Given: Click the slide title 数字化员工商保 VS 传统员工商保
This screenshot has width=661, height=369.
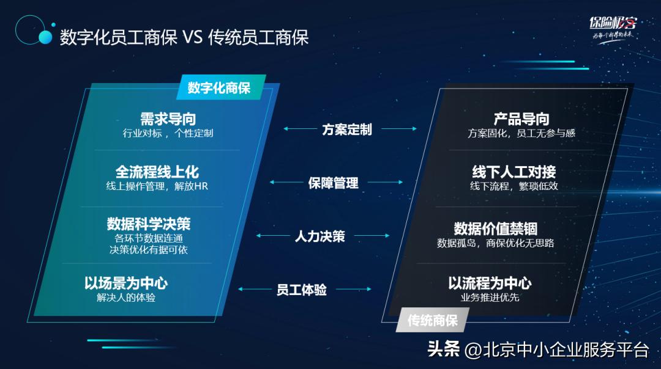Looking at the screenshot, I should tap(184, 37).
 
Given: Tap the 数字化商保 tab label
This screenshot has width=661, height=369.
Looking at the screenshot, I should tap(219, 88).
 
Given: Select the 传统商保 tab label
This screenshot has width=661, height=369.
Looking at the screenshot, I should tap(433, 320).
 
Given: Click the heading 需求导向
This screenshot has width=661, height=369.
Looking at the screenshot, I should tap(168, 119).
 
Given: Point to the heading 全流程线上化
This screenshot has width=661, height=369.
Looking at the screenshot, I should tap(157, 172).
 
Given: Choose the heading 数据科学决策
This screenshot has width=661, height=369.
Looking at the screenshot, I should tap(149, 224).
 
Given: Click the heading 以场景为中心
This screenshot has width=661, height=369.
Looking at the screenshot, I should tap(126, 283).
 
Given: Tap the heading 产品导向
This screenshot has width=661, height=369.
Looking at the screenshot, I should tap(521, 119).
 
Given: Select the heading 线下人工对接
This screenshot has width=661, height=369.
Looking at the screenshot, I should tap(514, 172).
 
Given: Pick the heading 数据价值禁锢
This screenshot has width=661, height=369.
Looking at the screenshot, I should tap(496, 228).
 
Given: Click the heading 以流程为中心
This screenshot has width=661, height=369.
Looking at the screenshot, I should tap(490, 283).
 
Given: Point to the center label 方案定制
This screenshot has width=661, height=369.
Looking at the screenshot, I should tap(347, 130).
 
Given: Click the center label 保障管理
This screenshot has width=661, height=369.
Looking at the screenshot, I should tap(334, 183).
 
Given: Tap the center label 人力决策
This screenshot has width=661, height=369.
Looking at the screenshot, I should tap(320, 236).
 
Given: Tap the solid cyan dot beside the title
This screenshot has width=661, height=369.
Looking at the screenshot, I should tap(45, 37).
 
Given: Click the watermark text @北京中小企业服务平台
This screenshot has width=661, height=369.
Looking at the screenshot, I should tap(556, 349).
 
